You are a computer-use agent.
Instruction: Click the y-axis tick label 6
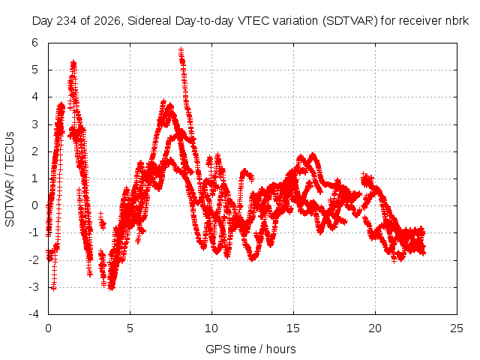click(x=35, y=43)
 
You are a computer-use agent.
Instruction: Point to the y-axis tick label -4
click(x=34, y=314)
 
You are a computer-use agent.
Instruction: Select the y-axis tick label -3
click(x=34, y=287)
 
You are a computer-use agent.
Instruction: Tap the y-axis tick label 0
click(x=35, y=205)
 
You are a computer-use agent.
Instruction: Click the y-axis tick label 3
click(x=35, y=124)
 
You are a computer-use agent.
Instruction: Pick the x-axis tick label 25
click(x=457, y=328)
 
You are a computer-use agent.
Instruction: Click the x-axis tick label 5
click(x=130, y=328)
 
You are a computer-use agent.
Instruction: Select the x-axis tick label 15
click(x=293, y=328)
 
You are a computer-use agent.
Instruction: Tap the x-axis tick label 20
click(x=375, y=328)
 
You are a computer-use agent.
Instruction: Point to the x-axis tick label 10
click(x=211, y=328)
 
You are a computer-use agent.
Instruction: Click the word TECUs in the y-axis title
click(x=10, y=150)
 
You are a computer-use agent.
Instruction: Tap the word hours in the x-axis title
click(x=281, y=349)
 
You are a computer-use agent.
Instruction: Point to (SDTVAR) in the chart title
click(x=350, y=21)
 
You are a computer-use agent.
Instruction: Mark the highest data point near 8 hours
click(x=181, y=49)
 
